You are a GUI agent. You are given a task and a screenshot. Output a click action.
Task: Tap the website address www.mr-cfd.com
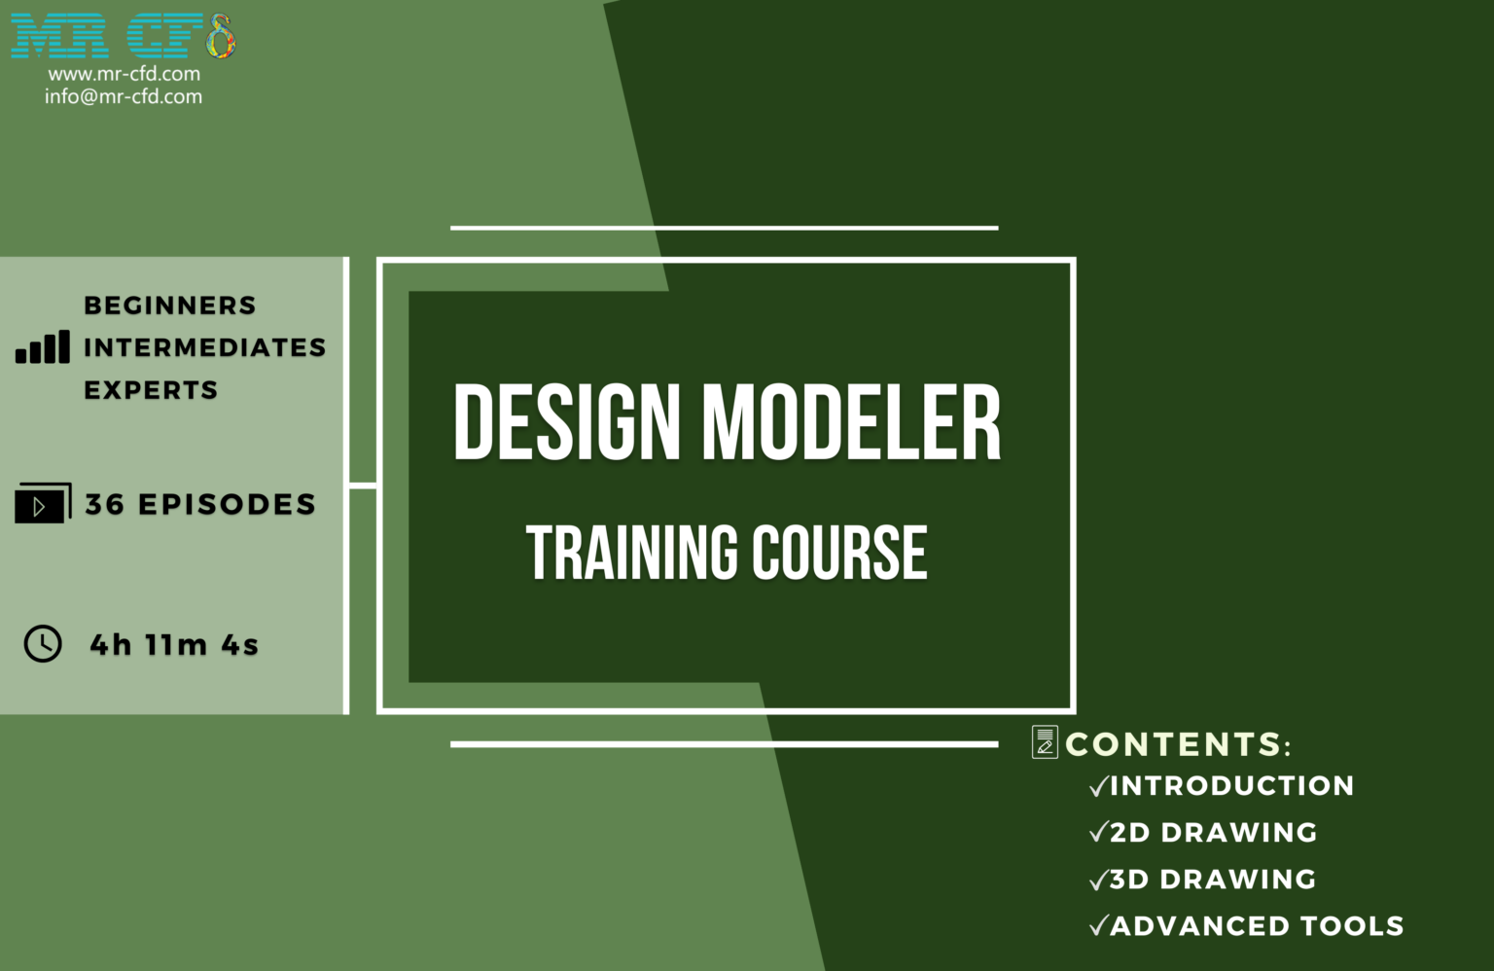124,73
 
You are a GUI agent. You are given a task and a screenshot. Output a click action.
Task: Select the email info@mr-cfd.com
124,96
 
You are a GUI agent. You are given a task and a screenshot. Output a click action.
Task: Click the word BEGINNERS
170,306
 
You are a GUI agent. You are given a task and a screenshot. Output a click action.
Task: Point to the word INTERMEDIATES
205,347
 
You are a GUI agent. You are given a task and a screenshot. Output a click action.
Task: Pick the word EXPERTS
152,390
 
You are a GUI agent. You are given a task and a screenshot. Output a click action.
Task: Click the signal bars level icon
43,346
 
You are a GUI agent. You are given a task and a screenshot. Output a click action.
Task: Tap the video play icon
43,503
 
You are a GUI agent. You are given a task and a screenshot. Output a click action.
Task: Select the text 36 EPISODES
200,505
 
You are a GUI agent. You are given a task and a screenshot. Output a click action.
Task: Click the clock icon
43,644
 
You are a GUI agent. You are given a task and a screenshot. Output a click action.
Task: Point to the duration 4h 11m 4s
174,645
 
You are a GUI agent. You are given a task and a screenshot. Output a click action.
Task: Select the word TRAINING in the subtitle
632,553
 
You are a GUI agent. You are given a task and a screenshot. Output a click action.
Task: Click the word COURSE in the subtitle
840,553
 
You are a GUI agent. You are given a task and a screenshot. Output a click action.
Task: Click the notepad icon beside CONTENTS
1045,742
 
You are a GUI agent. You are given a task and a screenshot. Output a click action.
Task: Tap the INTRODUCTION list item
1232,785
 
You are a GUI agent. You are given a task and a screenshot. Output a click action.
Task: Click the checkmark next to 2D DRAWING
1098,832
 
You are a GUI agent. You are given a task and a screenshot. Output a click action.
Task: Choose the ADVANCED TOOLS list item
1258,926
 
